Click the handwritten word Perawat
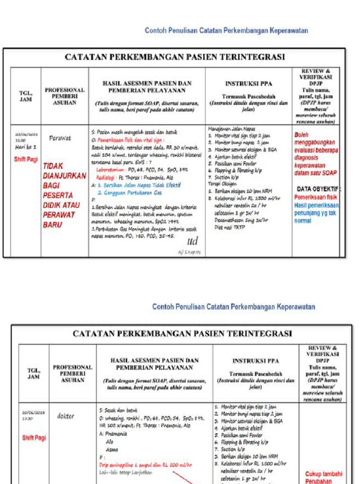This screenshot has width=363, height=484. [60, 138]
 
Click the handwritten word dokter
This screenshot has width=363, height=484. [65, 416]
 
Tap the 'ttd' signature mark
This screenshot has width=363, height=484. [192, 242]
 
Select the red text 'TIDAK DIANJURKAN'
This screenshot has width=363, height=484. [64, 171]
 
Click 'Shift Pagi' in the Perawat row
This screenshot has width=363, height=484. [26, 159]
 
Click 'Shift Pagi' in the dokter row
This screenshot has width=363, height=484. [34, 438]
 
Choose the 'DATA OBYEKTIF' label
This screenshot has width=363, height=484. [317, 189]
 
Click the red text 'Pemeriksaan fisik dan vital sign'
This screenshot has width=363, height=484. [131, 140]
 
